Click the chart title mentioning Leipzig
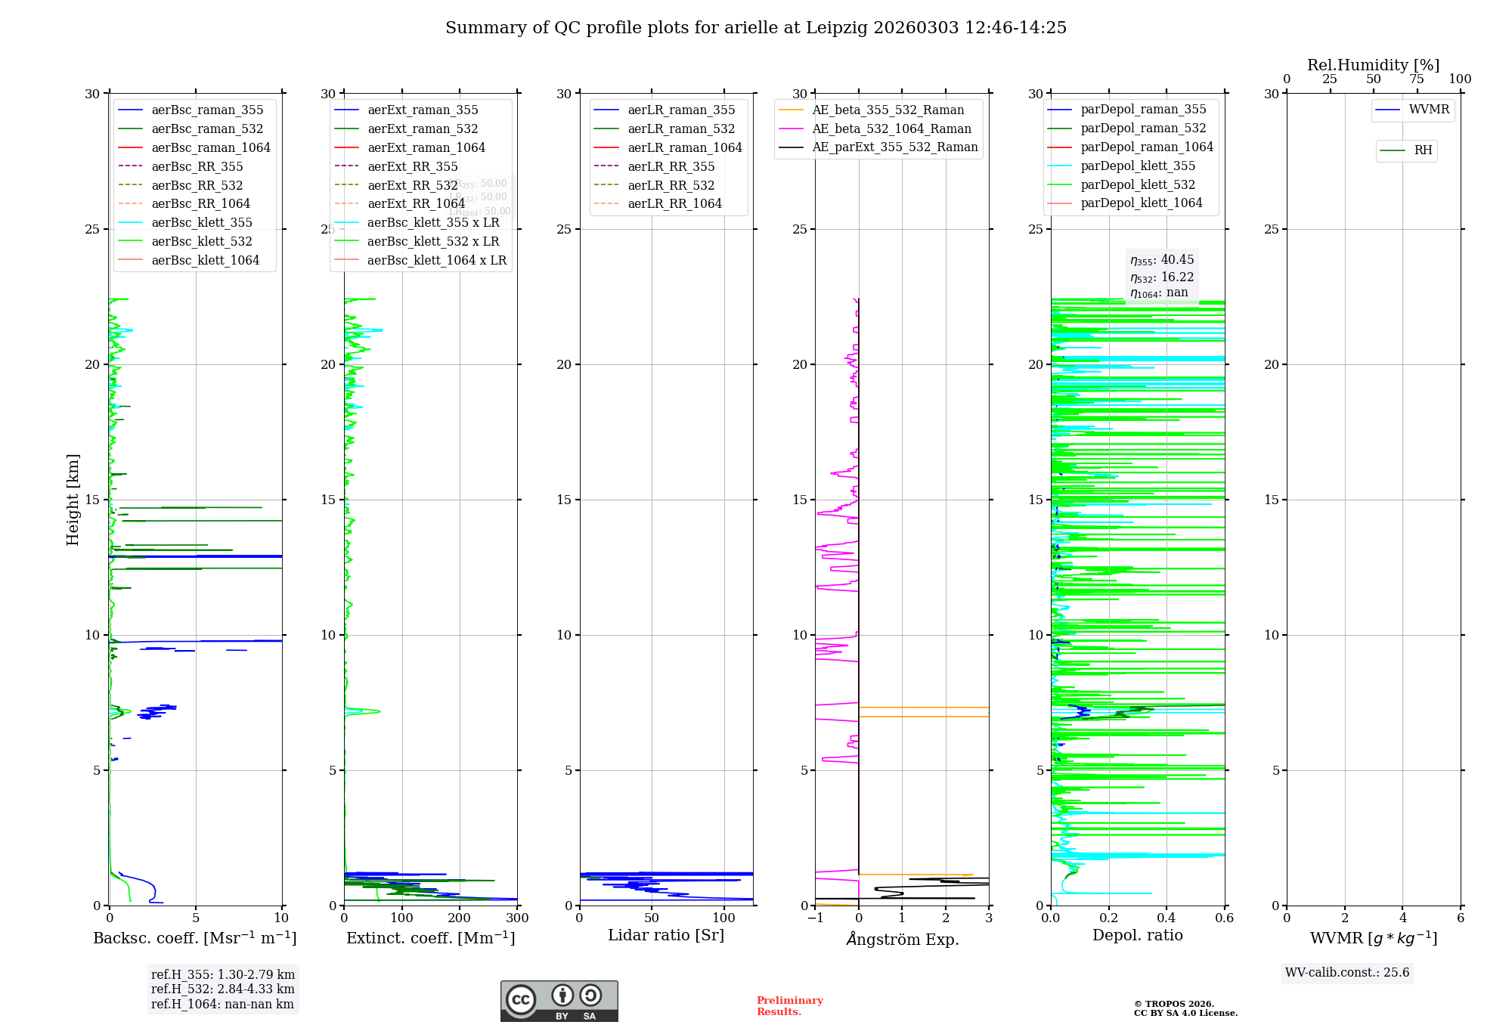755,28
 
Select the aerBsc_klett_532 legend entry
201,241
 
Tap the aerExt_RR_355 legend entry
412,166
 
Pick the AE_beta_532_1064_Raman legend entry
891,128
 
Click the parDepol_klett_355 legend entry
1137,166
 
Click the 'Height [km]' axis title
73,500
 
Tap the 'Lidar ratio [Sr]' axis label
665,935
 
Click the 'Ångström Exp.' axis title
902,939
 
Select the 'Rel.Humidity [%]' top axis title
1373,65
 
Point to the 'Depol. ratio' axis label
1137,935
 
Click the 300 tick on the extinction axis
517,918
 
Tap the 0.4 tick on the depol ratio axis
1167,918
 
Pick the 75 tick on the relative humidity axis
1417,79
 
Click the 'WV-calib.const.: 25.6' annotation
1347,973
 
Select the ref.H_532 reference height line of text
222,989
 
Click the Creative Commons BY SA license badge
559,1002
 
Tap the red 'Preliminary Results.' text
789,1006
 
